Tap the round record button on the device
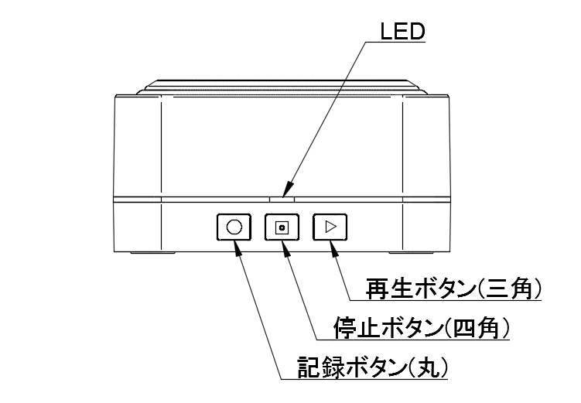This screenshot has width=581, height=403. pyautogui.click(x=234, y=227)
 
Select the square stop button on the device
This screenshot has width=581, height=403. pyautogui.click(x=282, y=227)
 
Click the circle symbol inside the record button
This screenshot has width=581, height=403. pyautogui.click(x=234, y=227)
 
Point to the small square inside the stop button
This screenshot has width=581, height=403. pyautogui.click(x=282, y=227)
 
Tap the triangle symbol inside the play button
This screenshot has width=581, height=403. pyautogui.click(x=330, y=227)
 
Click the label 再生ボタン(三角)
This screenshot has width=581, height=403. pyautogui.click(x=452, y=289)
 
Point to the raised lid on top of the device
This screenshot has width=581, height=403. pyautogui.click(x=282, y=84)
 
